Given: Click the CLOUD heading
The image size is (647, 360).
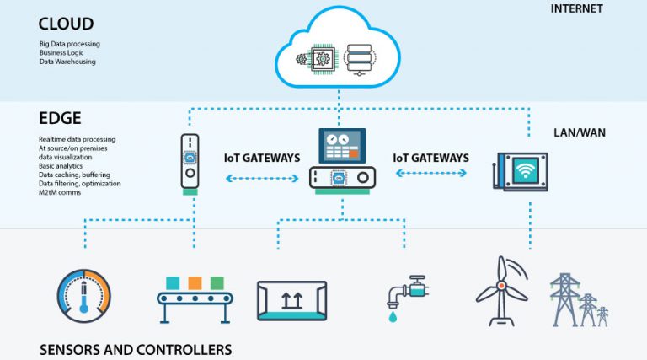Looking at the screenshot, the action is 66,24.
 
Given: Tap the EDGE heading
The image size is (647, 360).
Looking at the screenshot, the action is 60,118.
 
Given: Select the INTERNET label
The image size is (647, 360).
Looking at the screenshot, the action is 576,8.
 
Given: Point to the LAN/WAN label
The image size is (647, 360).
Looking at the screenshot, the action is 580,132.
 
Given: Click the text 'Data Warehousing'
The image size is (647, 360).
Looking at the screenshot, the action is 67,62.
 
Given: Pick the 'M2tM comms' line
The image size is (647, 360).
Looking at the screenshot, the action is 60,192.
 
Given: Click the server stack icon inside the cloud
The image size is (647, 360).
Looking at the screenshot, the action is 359,60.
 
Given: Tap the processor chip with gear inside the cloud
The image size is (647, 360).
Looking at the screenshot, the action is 322,59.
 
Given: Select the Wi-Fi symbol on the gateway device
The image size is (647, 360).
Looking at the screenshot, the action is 526,170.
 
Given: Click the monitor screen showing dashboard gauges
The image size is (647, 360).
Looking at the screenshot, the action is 342,145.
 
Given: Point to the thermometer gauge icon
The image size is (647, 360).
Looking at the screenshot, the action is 84,296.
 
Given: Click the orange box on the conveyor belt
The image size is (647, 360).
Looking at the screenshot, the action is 195,283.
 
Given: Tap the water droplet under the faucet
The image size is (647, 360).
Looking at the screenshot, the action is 393,317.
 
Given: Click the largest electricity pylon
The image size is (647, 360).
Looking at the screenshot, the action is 564,299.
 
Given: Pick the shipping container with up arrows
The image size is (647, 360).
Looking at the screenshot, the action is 291,301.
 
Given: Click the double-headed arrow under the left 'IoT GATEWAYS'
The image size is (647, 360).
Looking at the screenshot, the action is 262,179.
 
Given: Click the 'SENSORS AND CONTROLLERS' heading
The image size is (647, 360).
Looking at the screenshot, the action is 136,350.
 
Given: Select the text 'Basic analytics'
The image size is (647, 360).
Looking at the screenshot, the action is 61,166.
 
